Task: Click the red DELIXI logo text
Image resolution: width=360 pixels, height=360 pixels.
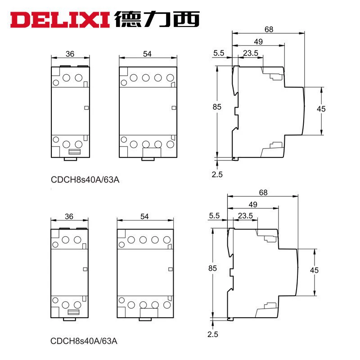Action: (x=60, y=20)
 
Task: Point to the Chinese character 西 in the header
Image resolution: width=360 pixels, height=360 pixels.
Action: (x=186, y=19)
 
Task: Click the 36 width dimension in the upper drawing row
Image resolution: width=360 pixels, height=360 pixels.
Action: (x=70, y=54)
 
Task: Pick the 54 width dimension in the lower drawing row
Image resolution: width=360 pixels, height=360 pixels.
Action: (x=144, y=216)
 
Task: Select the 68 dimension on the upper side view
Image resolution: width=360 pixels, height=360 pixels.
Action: (x=269, y=29)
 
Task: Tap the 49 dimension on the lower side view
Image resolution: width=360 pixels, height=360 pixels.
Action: (x=253, y=204)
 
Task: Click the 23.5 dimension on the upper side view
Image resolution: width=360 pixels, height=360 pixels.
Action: (x=251, y=53)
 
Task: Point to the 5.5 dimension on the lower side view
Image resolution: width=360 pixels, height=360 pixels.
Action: (x=214, y=216)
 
